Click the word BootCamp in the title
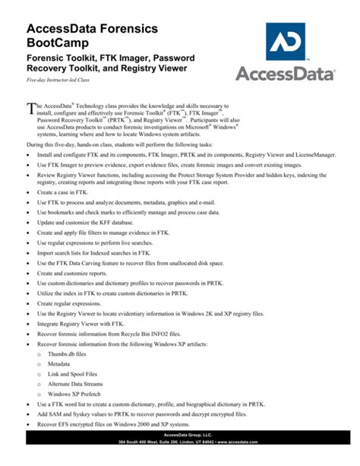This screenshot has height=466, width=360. click(58, 43)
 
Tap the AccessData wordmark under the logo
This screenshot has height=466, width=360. click(286, 74)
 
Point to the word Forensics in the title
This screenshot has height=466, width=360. click(125, 28)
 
